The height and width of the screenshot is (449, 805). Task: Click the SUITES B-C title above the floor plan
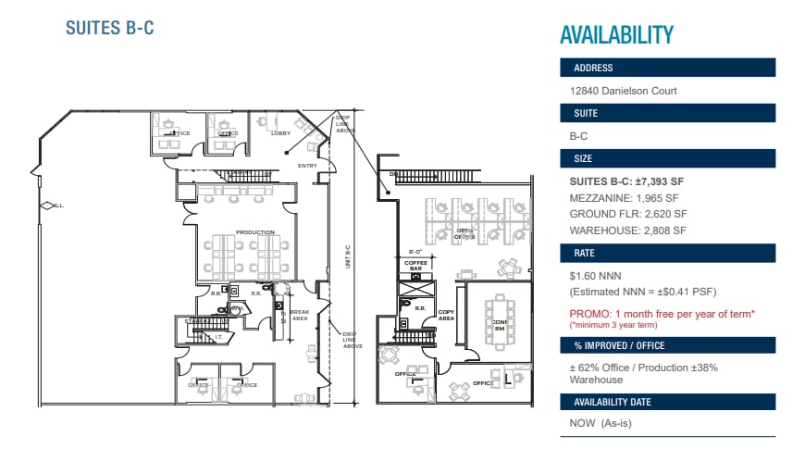coord(109,28)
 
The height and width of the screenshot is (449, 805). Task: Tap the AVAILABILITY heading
coord(616,35)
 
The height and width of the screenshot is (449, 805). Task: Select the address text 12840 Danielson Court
coord(624,91)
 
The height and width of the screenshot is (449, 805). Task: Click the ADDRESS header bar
coord(667,68)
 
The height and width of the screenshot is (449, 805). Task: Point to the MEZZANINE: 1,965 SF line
coord(625,198)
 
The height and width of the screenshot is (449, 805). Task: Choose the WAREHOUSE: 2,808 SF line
coord(628,231)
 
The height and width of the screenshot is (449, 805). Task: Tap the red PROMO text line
coord(662,314)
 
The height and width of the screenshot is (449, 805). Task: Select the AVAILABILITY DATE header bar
coord(667,402)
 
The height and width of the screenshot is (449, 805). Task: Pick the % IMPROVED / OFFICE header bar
coord(667,345)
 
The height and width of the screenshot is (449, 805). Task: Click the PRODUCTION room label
coord(254,232)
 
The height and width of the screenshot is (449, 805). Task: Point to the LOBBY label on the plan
coord(280,133)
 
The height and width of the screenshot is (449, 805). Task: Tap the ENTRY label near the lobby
coord(307,166)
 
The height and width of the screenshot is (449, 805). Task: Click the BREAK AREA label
coord(300,316)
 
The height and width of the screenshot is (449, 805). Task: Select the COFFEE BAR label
coord(414,266)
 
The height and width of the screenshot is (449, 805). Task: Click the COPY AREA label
coord(446,315)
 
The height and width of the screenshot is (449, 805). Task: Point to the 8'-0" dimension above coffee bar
coord(415,251)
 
